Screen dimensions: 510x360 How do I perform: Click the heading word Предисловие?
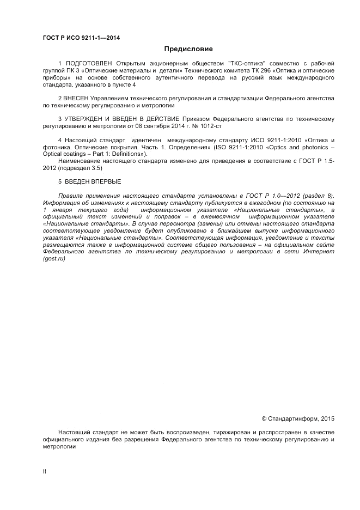180,49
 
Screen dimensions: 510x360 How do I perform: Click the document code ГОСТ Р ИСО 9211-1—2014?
81,38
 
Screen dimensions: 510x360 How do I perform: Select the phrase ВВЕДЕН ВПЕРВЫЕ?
92,181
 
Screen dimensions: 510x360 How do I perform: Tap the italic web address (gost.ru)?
53,258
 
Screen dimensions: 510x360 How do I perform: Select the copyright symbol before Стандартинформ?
264,419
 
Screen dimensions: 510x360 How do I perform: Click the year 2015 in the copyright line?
328,419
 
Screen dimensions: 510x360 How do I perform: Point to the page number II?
45,472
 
